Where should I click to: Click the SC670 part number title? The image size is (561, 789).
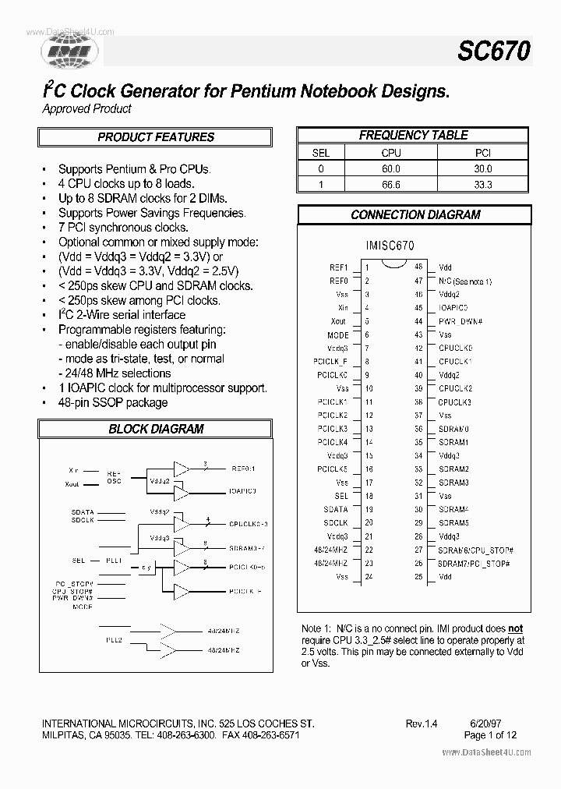pyautogui.click(x=493, y=51)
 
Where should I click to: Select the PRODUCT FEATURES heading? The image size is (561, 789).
pyautogui.click(x=156, y=137)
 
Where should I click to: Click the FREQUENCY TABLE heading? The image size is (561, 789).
pyautogui.click(x=413, y=135)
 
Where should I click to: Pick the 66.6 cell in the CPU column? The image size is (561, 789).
pyautogui.click(x=390, y=185)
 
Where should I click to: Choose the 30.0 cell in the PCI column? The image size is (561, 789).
pyautogui.click(x=484, y=168)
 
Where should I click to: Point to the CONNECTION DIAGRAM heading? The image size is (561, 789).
pyautogui.click(x=415, y=214)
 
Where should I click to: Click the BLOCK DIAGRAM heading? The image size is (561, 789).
pyautogui.click(x=156, y=429)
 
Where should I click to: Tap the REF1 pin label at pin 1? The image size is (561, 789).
pyautogui.click(x=338, y=267)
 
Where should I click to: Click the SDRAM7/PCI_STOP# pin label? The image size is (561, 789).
pyautogui.click(x=474, y=563)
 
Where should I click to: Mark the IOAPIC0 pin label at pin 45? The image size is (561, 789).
pyautogui.click(x=453, y=308)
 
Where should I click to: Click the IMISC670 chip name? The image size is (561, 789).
pyautogui.click(x=390, y=245)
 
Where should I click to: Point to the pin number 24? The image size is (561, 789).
pyautogui.click(x=369, y=577)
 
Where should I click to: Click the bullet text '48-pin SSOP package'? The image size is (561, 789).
pyautogui.click(x=113, y=402)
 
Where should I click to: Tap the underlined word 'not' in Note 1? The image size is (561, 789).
pyautogui.click(x=515, y=628)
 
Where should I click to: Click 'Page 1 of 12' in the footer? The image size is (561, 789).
pyautogui.click(x=490, y=735)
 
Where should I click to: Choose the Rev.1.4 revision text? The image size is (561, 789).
pyautogui.click(x=422, y=724)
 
